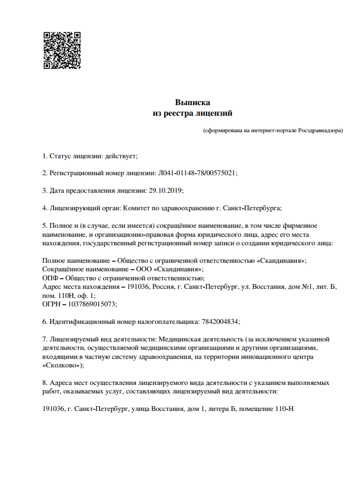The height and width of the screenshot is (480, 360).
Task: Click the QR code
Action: (62, 50)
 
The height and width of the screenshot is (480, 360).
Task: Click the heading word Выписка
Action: (193, 102)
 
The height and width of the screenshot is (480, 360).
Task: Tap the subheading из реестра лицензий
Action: (193, 113)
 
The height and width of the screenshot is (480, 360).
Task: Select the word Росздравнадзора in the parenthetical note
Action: (320, 130)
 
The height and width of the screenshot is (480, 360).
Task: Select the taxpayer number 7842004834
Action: (220, 321)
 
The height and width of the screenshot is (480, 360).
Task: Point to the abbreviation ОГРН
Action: (52, 304)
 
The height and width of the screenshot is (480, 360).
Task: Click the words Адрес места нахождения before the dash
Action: (80, 287)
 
